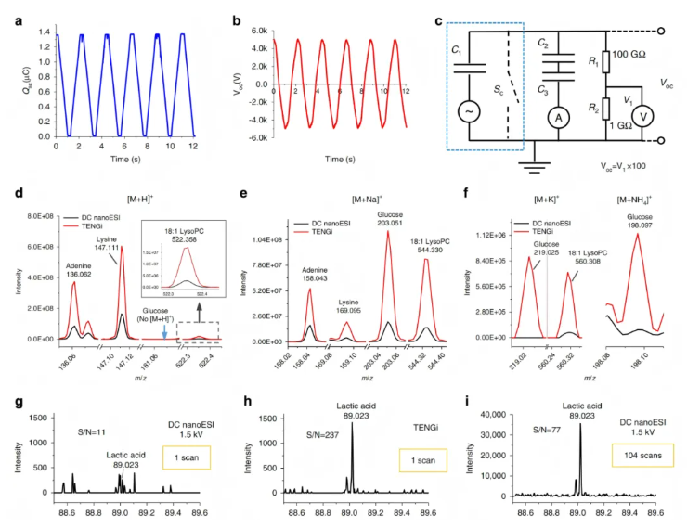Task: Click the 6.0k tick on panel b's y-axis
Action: point(255,32)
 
